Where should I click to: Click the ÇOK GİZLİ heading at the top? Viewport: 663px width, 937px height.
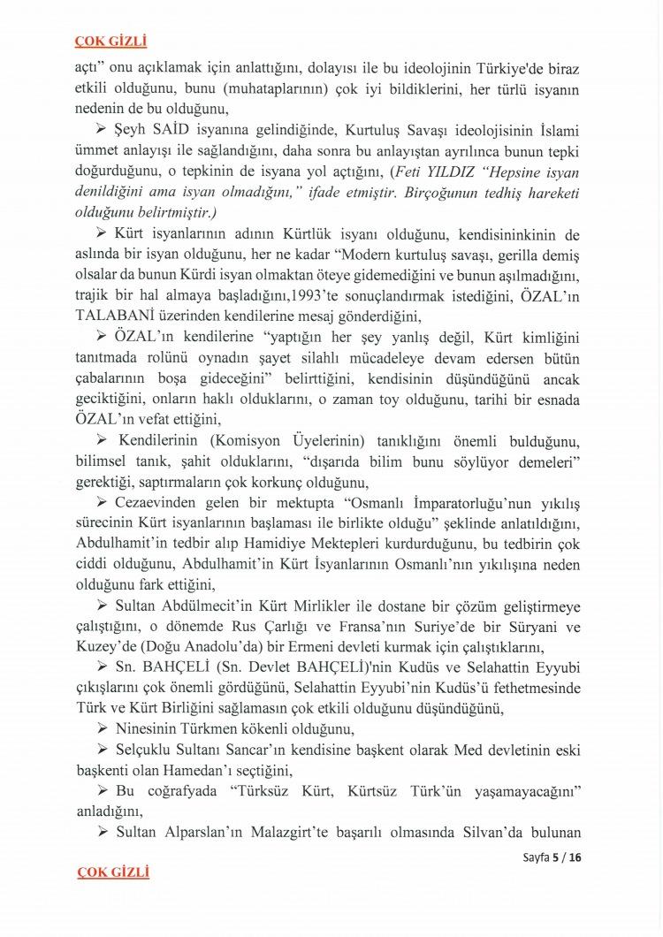coord(110,41)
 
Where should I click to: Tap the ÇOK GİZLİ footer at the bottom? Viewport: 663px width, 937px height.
coord(113,872)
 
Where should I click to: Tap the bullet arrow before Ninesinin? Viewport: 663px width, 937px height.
coord(101,729)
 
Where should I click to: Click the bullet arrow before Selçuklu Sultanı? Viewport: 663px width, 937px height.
coord(101,750)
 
